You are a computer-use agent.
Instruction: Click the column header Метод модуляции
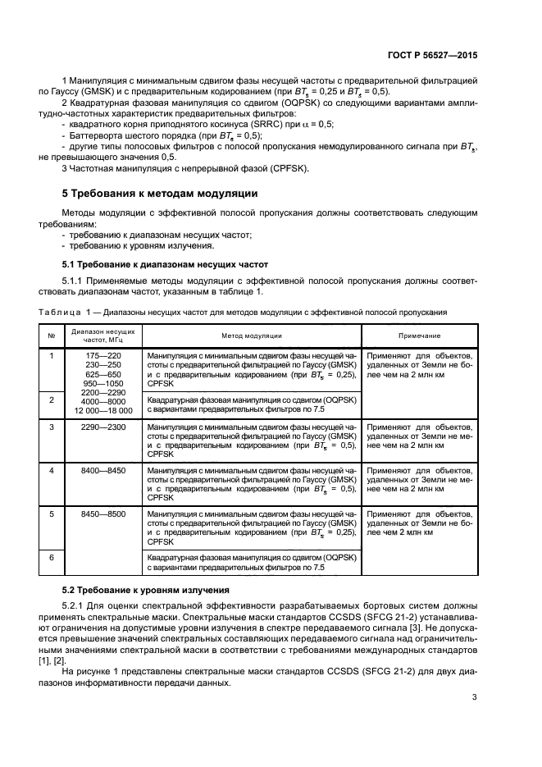click(x=251, y=336)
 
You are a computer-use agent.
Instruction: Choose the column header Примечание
click(x=419, y=336)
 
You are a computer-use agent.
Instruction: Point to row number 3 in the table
click(x=51, y=427)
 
